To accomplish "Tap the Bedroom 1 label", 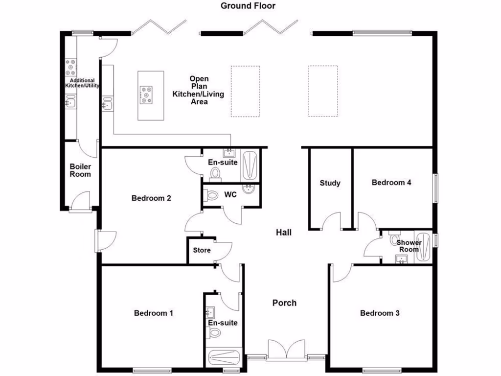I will coord(154,313).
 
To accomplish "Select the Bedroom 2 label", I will coord(151,198).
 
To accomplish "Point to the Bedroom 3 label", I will coord(380,313).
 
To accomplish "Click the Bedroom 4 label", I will coord(391,183).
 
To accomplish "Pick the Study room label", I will coord(330,183).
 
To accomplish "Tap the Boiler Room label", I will coord(80,170).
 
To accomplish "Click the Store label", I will coord(202,250).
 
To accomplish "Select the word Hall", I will coord(284,232).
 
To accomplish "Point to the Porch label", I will coord(284,303).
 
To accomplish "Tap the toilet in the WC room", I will coord(212,195).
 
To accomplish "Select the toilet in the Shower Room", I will coord(394,240).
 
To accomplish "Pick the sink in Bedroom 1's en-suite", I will coord(211,312).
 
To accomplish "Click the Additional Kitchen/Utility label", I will coord(82,83).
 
